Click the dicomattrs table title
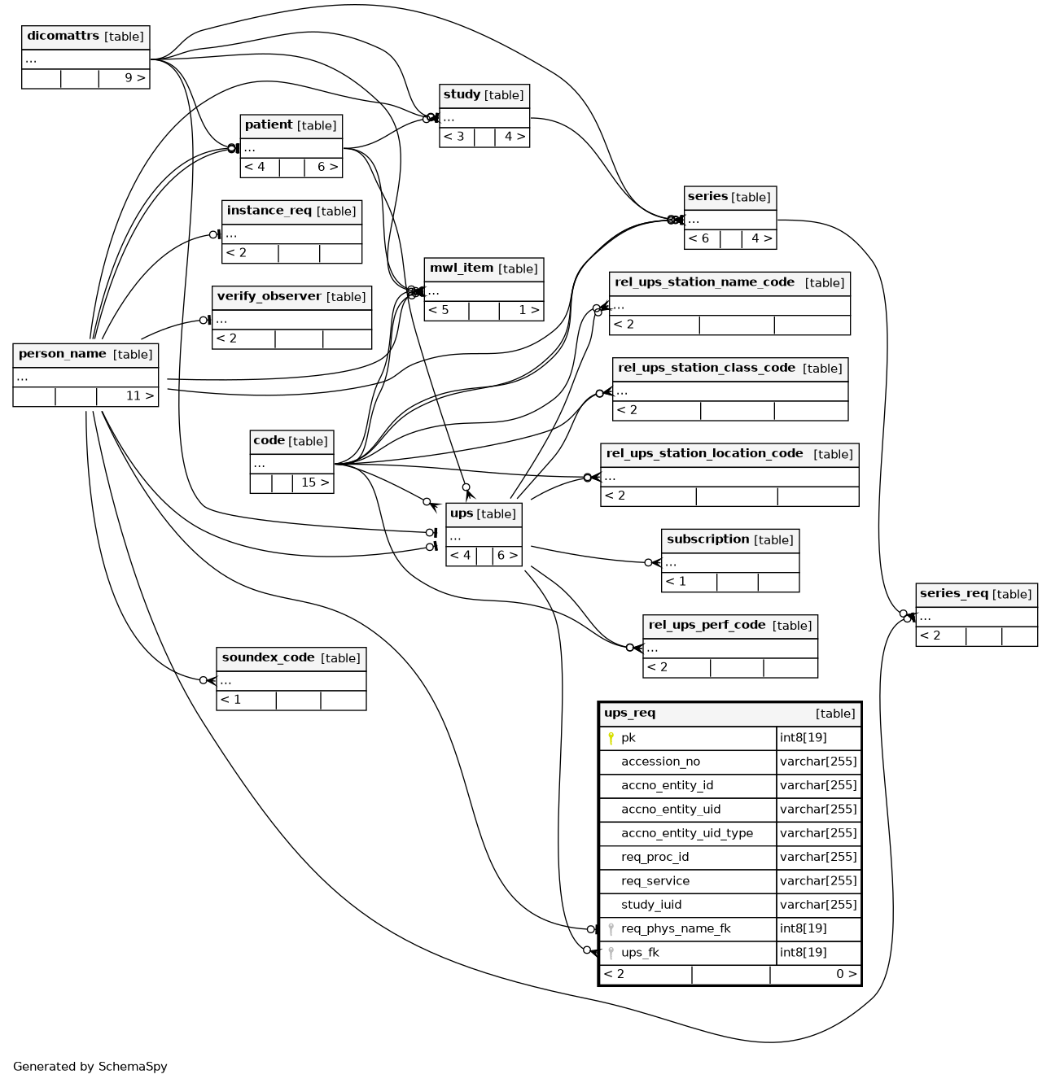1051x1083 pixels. tap(63, 36)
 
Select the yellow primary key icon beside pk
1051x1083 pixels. tap(611, 739)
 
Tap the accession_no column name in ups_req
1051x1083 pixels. tap(660, 762)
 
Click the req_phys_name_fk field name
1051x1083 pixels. tap(676, 929)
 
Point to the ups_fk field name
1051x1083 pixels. tap(640, 953)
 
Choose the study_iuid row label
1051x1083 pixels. tap(650, 905)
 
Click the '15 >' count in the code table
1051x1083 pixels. tap(314, 483)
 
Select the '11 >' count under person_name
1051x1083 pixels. tap(140, 395)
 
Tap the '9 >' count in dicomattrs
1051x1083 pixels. tap(134, 78)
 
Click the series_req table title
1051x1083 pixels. tap(953, 593)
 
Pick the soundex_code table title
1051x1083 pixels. tap(269, 657)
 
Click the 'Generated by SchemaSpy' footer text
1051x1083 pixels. tap(90, 1066)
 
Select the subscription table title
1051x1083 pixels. tap(707, 539)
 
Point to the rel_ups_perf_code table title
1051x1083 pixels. tap(707, 625)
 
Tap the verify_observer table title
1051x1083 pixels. tap(269, 296)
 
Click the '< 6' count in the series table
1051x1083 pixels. tap(698, 238)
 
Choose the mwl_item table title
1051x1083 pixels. tap(462, 268)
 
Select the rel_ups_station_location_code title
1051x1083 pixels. tap(704, 453)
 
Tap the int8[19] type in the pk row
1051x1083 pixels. tap(803, 738)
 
